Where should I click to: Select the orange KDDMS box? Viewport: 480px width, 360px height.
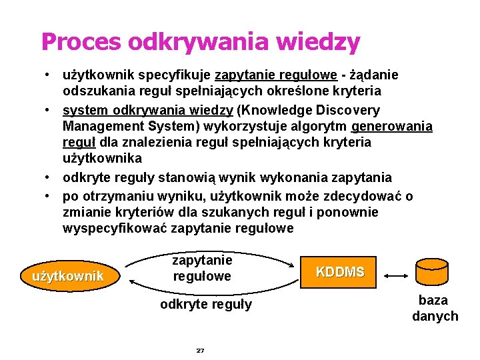tap(340, 272)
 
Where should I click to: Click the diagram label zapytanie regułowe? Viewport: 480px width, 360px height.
tap(202, 267)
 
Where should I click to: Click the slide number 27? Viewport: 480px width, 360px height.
tap(200, 350)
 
